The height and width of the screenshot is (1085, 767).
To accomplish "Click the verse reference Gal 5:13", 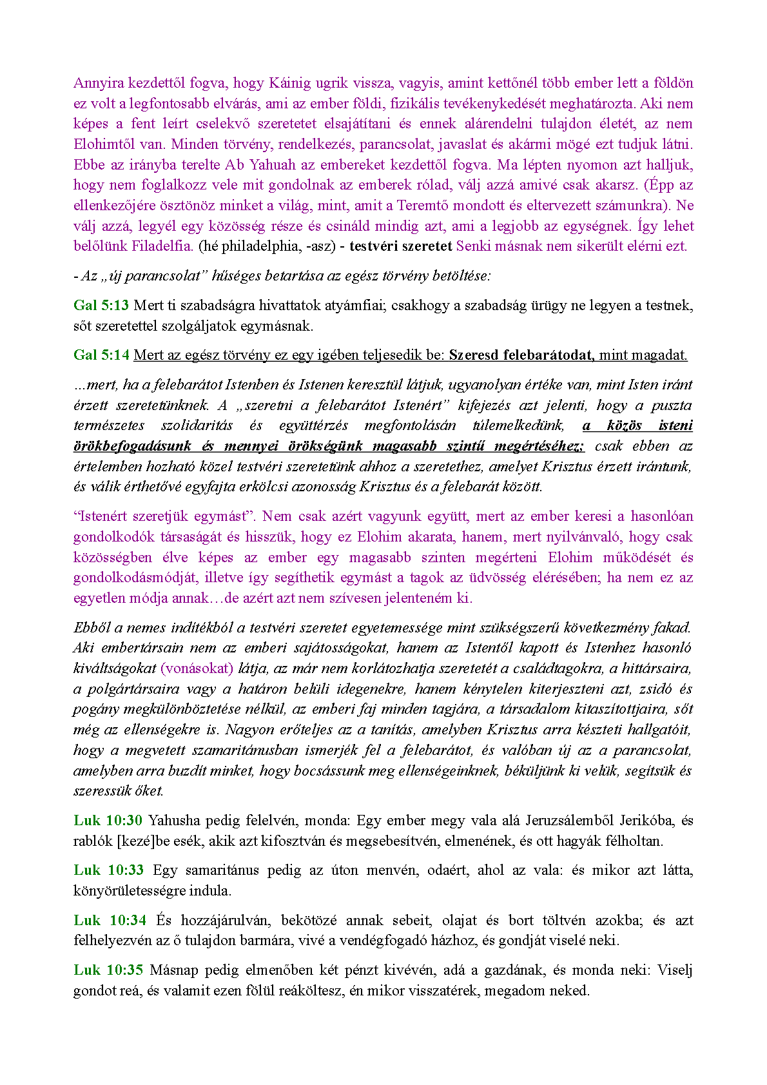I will [x=101, y=305].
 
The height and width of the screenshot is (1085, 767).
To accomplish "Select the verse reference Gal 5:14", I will [x=101, y=355].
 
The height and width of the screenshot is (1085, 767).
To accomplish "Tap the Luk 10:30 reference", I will [x=108, y=820].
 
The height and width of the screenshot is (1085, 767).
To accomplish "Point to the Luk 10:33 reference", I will [x=108, y=870].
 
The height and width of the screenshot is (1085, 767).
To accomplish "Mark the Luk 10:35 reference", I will [x=108, y=970].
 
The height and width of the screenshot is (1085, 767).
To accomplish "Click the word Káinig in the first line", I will [x=289, y=83].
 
